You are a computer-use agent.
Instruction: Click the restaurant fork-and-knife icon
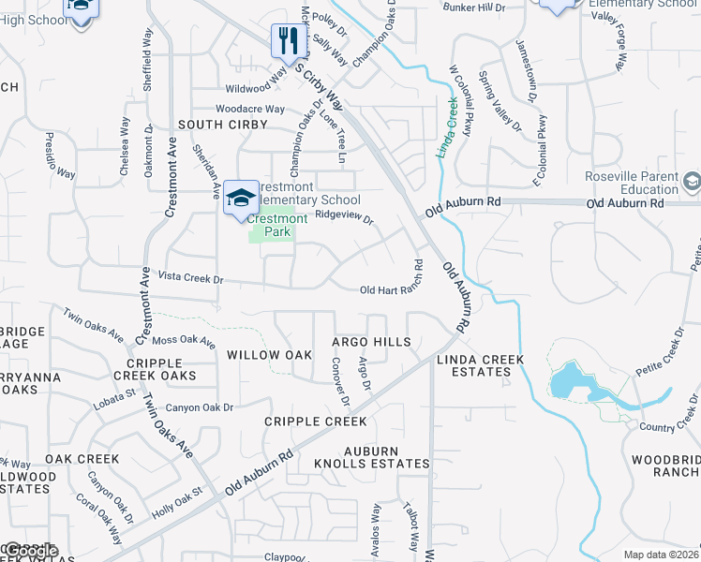(x=286, y=39)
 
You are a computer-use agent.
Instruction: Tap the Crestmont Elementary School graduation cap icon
(x=241, y=198)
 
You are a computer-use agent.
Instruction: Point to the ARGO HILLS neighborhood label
(x=371, y=343)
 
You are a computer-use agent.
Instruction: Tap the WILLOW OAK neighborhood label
(x=269, y=355)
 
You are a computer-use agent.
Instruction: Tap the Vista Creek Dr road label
(x=191, y=278)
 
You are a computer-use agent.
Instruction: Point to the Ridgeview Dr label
(x=345, y=215)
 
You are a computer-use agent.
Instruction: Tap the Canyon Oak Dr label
(x=199, y=407)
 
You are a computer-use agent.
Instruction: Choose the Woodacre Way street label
(x=249, y=109)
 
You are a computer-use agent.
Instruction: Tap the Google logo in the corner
(x=30, y=551)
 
